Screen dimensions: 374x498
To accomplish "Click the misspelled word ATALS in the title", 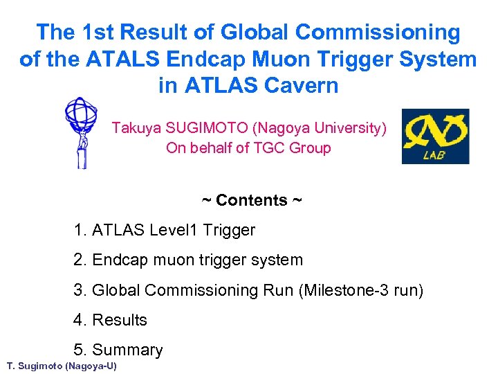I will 115,59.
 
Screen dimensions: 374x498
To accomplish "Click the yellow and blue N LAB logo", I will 435,136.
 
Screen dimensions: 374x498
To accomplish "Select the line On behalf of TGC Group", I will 248,148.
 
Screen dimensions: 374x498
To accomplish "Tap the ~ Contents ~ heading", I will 252,200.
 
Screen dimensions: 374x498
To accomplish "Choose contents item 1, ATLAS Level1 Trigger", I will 165,230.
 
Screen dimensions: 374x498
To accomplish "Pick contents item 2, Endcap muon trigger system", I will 188,260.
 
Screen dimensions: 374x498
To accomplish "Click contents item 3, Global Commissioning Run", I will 184,290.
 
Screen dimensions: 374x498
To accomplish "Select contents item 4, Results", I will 111,320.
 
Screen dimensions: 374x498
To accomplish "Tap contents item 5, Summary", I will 118,350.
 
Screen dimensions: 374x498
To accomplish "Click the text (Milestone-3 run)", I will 361,290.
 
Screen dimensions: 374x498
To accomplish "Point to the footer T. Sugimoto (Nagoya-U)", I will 62,366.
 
